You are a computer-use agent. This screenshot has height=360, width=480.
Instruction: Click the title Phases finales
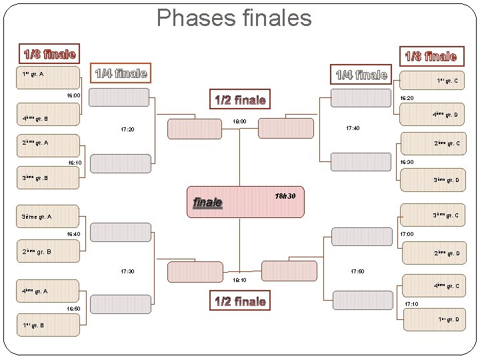tap(234, 18)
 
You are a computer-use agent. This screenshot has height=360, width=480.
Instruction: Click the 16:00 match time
tap(73, 96)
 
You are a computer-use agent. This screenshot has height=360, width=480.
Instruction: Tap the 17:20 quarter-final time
tap(128, 129)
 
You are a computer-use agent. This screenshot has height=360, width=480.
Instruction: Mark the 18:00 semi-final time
tap(240, 122)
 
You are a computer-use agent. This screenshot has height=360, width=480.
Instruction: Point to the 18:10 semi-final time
tap(240, 281)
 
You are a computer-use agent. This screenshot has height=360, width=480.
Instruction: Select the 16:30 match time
tap(407, 162)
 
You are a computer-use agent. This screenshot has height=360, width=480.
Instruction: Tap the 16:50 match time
tap(73, 309)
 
